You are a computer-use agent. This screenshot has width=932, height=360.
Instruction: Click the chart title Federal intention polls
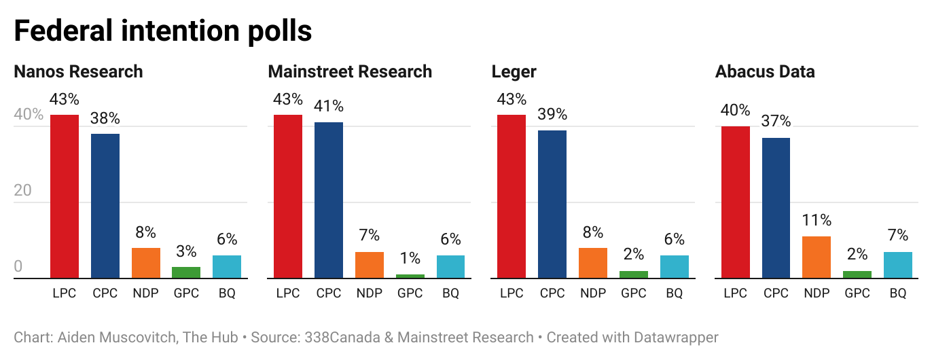coord(163,31)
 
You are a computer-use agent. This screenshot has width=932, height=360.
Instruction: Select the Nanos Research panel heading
coord(78,71)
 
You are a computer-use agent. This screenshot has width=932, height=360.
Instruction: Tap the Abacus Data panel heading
coord(765,71)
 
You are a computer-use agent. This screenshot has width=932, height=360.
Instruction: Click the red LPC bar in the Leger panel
coord(512,196)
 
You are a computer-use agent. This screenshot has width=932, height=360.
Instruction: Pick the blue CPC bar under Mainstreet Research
coord(329,200)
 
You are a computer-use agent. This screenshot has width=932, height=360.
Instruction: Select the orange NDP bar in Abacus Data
coord(817,257)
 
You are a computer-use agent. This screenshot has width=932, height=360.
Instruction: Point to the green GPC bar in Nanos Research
coord(186,272)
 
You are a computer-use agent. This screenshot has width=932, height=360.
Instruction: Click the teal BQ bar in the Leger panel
coord(674,267)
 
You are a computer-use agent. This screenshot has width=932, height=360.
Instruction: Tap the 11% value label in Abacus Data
coord(817,220)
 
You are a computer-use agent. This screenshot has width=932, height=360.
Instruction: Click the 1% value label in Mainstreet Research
coord(410,258)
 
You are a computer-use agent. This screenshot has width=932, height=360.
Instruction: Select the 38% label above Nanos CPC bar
coord(105,118)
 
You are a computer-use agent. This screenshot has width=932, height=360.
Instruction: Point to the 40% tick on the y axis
coord(29,114)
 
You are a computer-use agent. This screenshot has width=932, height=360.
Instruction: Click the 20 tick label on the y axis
coord(23,190)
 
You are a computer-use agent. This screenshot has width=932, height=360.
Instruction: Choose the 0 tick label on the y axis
coord(18,266)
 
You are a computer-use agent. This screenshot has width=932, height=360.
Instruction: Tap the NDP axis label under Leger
coord(593,293)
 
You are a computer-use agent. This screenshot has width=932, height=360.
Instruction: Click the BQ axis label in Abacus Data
coord(898,293)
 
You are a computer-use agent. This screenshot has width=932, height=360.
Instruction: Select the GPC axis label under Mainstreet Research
coord(410,293)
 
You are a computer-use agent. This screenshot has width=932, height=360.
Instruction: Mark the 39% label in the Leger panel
coord(552,114)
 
